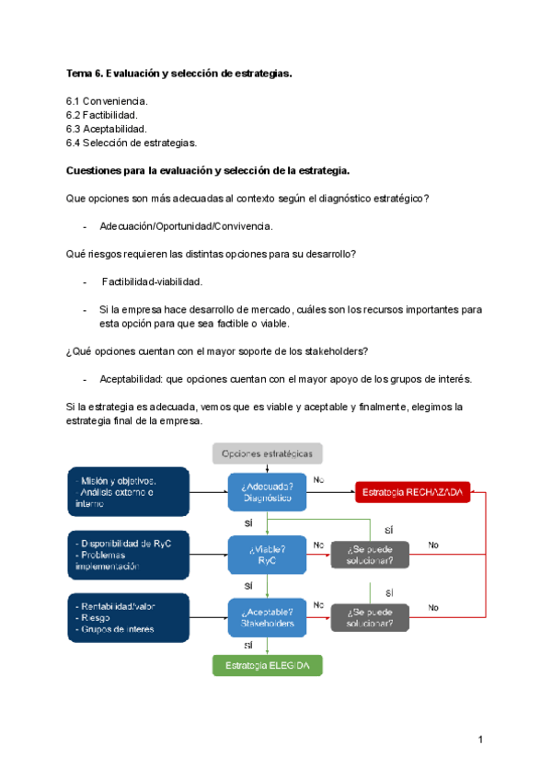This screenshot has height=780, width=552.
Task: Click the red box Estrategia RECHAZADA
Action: click(x=413, y=492)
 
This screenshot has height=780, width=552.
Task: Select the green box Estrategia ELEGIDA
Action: click(x=268, y=665)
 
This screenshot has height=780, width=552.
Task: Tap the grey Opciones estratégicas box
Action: click(x=268, y=453)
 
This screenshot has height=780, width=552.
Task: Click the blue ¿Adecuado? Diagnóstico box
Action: click(x=268, y=492)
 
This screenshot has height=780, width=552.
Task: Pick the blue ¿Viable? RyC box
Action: click(x=268, y=555)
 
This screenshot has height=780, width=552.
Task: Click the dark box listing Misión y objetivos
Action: click(x=129, y=492)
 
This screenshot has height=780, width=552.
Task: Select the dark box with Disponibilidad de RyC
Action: click(x=129, y=554)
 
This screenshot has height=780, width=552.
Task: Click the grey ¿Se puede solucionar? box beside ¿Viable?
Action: click(x=370, y=555)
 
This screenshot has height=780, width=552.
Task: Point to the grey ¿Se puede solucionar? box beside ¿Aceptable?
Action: click(x=370, y=617)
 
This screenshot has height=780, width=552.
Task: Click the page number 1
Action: click(x=480, y=740)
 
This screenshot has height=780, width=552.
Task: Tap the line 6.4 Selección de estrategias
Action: click(x=132, y=143)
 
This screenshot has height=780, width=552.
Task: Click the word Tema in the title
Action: click(x=79, y=73)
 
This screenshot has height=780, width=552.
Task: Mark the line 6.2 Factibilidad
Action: click(x=102, y=114)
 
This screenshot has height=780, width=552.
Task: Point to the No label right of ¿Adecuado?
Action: click(x=318, y=479)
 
